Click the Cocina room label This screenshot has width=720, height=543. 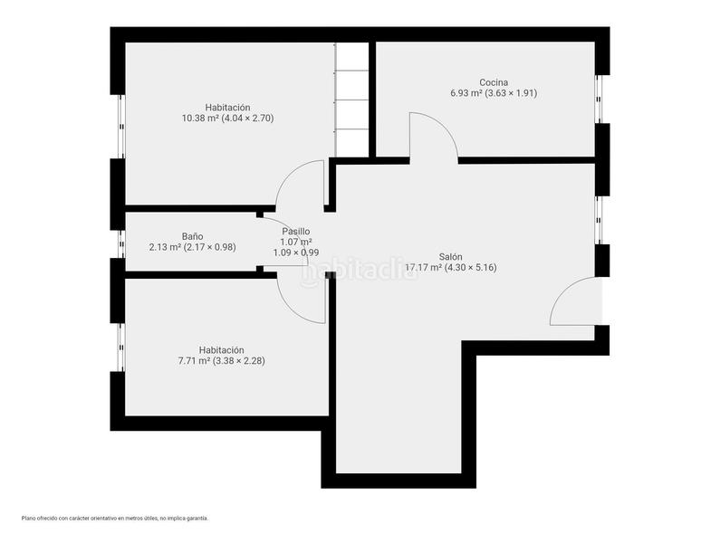(x=494, y=82)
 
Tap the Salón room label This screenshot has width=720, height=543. (x=450, y=257)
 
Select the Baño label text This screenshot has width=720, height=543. (x=192, y=236)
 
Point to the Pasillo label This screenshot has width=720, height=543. (x=296, y=232)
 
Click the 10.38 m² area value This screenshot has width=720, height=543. (x=201, y=119)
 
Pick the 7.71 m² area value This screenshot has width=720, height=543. (x=194, y=361)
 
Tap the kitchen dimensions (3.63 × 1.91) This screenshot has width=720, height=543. (x=511, y=93)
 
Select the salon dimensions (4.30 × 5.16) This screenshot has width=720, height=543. (x=471, y=268)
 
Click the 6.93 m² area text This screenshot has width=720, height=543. (x=466, y=93)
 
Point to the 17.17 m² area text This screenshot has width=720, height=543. (x=423, y=268)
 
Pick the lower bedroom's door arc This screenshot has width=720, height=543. (x=289, y=309)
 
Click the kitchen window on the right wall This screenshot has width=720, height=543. (x=599, y=99)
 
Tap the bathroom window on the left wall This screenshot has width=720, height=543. (x=121, y=243)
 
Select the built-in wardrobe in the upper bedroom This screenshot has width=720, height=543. (x=352, y=100)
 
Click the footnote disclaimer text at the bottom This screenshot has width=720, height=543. (x=115, y=519)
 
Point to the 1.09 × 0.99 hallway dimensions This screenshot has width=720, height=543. (x=296, y=252)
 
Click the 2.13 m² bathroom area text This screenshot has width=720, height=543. (x=166, y=247)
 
